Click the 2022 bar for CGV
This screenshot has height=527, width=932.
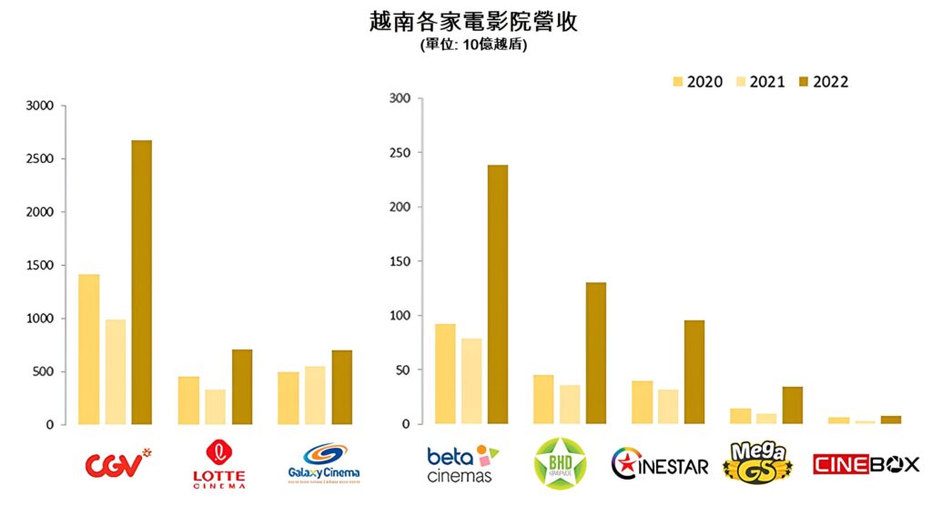point(141,282)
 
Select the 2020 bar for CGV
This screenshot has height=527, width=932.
point(88,350)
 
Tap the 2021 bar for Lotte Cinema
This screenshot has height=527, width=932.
point(215,407)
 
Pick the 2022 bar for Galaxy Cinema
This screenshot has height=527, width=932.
point(341,387)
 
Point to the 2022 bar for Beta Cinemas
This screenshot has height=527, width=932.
point(497,294)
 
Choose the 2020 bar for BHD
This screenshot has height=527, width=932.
point(543,400)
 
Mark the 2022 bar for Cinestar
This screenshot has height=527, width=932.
point(694,372)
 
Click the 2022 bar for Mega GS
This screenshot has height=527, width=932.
point(793,406)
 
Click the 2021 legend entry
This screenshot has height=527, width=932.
point(758,82)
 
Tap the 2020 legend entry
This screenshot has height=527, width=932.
point(696,82)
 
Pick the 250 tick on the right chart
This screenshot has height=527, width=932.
point(400,153)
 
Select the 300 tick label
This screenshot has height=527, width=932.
point(400,98)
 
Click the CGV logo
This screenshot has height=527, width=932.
point(116,464)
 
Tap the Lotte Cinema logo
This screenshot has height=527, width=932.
point(218,464)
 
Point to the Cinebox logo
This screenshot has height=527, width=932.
point(866,464)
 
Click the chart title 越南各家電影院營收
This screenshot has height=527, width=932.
point(473,22)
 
